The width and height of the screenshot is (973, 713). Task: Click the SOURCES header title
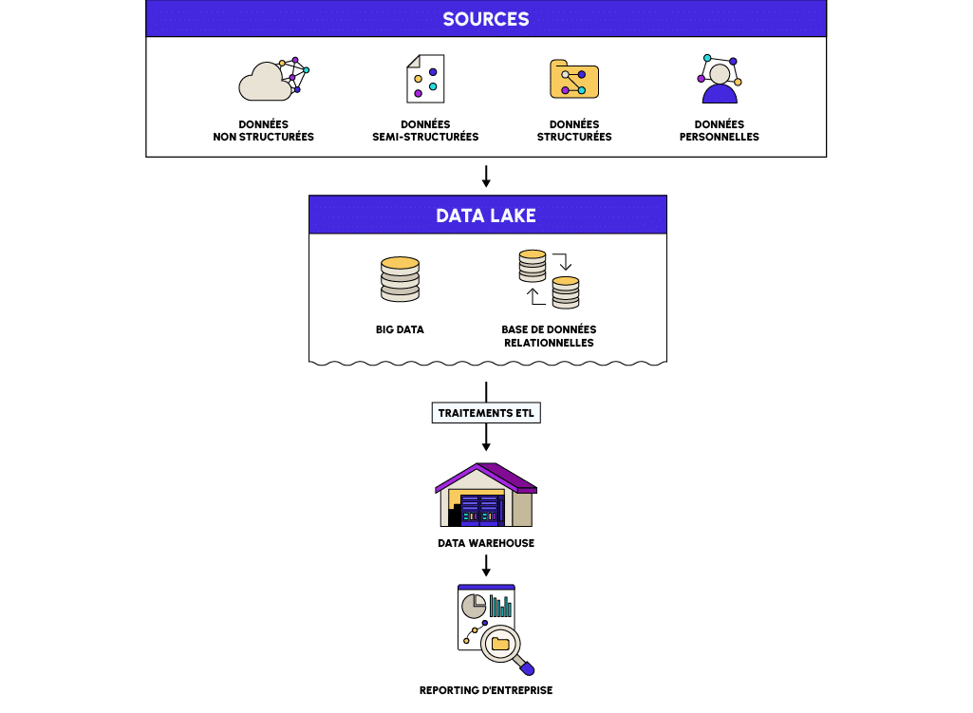(x=486, y=19)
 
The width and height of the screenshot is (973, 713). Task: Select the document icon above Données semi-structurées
(x=425, y=79)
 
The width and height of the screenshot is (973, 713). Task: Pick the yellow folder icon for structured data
(x=573, y=79)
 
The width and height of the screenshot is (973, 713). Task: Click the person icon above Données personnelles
(x=720, y=80)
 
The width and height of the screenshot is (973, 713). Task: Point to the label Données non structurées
(x=263, y=131)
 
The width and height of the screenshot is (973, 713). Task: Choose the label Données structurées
(x=574, y=131)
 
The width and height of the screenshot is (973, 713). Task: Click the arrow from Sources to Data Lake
(x=486, y=177)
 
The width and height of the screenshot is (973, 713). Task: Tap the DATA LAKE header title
(x=486, y=216)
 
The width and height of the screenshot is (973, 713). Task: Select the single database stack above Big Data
(x=400, y=279)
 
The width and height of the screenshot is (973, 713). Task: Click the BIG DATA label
(x=400, y=330)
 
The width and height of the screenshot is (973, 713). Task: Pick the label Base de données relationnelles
(x=549, y=336)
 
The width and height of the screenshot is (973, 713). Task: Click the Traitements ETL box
(x=487, y=414)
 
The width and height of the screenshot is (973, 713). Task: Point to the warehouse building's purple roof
(x=486, y=475)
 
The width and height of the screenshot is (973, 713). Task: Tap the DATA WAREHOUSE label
(x=486, y=543)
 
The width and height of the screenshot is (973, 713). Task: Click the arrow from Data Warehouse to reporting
(x=486, y=567)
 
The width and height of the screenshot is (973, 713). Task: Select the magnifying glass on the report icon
(x=503, y=647)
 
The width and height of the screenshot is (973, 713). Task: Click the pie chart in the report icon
(x=473, y=606)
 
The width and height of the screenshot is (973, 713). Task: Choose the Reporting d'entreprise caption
(x=486, y=690)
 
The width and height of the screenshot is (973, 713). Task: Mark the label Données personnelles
(x=720, y=131)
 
